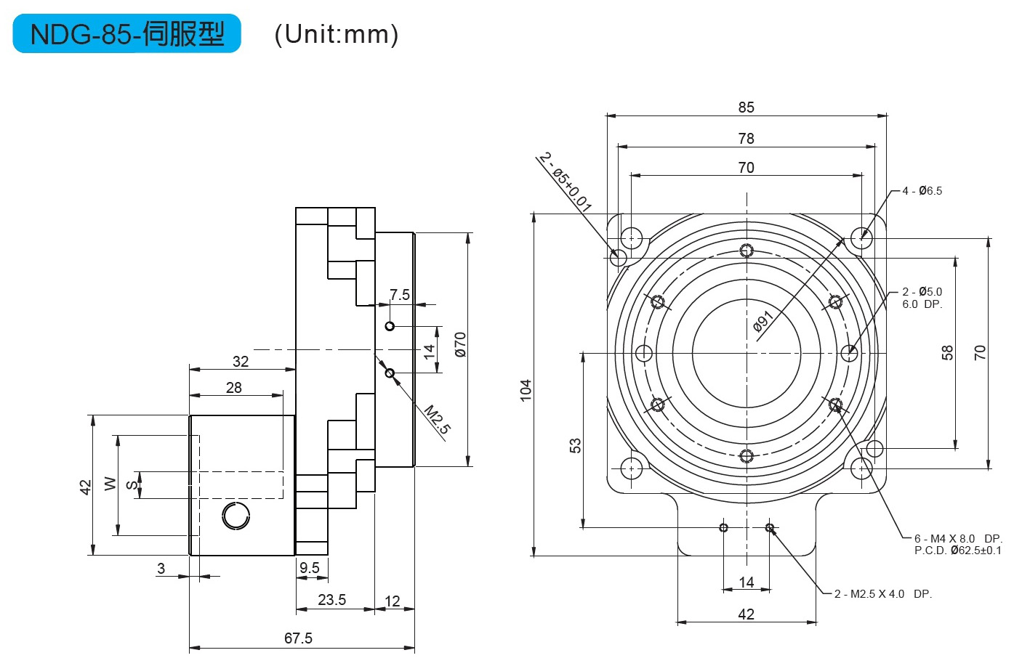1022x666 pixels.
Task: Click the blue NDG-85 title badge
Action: point(126,33)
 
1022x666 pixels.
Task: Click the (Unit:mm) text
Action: point(337,34)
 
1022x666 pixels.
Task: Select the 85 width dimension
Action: point(747,107)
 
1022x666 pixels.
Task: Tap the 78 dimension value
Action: point(747,139)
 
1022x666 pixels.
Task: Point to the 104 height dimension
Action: point(526,390)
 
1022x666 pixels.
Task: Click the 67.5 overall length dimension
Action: point(299,638)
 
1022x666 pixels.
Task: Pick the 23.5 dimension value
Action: point(331,599)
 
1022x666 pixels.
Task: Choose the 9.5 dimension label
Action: point(310,568)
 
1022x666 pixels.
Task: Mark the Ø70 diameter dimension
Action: point(460,345)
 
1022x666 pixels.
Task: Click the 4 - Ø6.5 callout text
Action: point(922,191)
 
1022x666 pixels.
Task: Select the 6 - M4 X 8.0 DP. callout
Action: point(958,539)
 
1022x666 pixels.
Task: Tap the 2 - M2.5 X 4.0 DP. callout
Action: point(883,594)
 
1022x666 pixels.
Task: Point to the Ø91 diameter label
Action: point(763,321)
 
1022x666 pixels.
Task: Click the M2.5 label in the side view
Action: point(438,419)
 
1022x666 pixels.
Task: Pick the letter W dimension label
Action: point(110,484)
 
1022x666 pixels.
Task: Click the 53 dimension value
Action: point(576,445)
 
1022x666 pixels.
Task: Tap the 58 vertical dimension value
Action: point(948,353)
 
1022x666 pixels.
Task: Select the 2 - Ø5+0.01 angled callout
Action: point(565,182)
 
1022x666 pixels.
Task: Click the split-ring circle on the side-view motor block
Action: point(236,516)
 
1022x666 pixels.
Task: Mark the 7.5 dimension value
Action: point(400,294)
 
